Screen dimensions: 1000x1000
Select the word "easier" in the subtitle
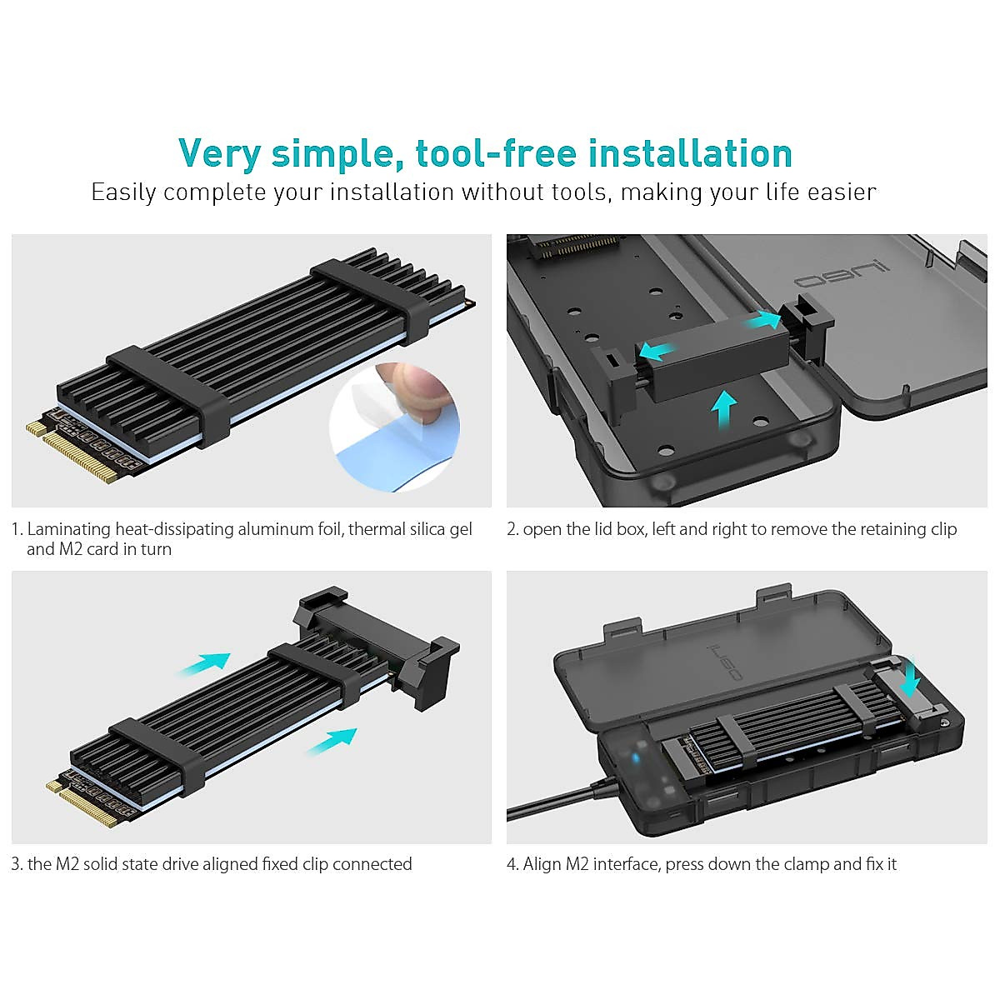coord(842,192)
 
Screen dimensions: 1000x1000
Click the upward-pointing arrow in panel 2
coord(725,409)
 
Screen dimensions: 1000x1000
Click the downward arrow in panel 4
coord(910,677)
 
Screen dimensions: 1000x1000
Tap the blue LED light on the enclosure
coord(637,758)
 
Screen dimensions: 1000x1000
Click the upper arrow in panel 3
coord(203,663)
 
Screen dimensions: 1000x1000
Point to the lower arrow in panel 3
coord(332,740)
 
